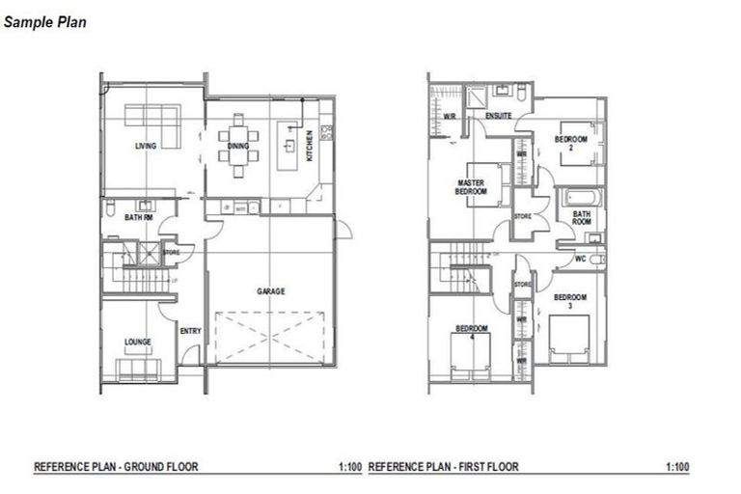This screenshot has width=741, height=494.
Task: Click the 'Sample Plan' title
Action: click(45, 19)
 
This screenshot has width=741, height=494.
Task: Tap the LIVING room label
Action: click(146, 146)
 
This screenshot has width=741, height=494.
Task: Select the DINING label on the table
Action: click(237, 146)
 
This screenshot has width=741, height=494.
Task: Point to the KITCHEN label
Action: click(310, 148)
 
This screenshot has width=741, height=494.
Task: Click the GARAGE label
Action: click(270, 290)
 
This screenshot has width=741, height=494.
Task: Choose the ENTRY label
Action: click(190, 331)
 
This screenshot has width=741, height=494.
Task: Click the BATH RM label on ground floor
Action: click(138, 218)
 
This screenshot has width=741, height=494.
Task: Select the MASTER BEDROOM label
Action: click(472, 187)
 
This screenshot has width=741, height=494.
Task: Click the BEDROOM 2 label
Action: click(570, 143)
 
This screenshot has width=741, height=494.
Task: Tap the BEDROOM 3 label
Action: click(569, 300)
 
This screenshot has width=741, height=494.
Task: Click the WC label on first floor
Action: click(580, 260)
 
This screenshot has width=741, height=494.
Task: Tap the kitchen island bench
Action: click(288, 146)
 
